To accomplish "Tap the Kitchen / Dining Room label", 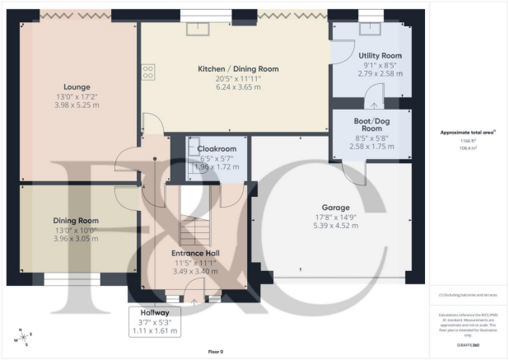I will [x=236, y=68].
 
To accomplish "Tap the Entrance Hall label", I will [x=194, y=253].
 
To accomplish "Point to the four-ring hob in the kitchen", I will [x=149, y=72].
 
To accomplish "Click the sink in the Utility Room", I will [x=368, y=29].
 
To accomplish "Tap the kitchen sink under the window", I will [x=198, y=29].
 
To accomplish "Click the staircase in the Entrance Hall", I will [x=194, y=216].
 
